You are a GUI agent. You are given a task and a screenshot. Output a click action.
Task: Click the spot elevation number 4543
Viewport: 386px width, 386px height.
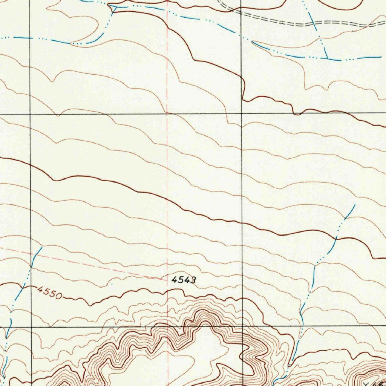(x=184, y=280)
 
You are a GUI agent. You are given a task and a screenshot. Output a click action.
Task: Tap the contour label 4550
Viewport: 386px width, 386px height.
(x=49, y=293)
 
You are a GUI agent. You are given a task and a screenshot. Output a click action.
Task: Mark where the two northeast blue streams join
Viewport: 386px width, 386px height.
(x=328, y=59)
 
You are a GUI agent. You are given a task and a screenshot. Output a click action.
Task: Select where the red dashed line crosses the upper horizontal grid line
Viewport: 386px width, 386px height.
(x=167, y=113)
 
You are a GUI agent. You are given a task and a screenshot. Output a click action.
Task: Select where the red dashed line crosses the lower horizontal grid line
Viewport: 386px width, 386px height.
(x=167, y=327)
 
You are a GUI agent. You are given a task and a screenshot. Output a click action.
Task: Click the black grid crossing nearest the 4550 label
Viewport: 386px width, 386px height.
(x=30, y=327)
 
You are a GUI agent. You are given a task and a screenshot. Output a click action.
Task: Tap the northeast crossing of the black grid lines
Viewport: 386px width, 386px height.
(x=241, y=113)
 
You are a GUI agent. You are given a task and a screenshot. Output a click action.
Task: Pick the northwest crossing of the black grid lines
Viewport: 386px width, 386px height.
(x=30, y=113)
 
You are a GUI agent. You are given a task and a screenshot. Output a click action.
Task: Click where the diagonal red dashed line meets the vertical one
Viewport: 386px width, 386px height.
(x=167, y=279)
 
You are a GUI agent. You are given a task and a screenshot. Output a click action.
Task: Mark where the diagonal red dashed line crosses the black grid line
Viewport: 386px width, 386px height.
(x=30, y=253)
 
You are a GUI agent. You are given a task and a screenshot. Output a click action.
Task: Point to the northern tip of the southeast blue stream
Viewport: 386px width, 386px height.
(x=355, y=205)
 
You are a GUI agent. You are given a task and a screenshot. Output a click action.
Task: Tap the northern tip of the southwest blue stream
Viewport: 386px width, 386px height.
(x=41, y=247)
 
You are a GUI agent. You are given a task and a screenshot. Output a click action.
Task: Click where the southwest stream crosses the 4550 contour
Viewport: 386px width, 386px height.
(x=23, y=287)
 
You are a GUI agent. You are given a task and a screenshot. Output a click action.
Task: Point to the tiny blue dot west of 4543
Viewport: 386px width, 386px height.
(x=112, y=283)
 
